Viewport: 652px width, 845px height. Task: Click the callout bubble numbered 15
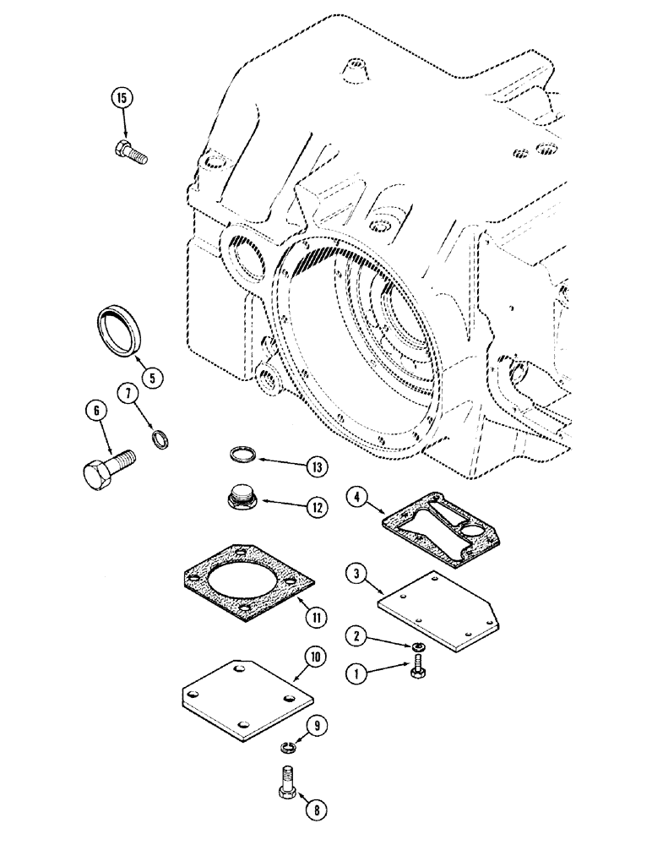click(122, 99)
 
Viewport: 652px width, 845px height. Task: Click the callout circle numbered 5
click(151, 377)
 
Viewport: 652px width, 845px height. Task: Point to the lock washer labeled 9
click(287, 746)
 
